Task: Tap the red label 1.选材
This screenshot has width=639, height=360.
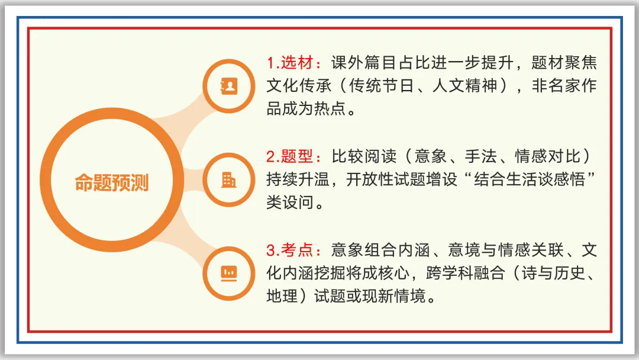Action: (x=293, y=63)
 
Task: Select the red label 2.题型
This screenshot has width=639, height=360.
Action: (x=293, y=157)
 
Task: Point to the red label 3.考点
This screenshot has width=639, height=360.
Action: (x=293, y=250)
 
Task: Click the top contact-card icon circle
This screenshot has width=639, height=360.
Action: (x=228, y=86)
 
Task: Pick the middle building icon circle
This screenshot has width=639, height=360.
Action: (x=228, y=179)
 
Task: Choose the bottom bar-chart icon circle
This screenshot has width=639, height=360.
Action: (x=228, y=273)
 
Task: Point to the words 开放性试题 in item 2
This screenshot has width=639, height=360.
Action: (x=386, y=180)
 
